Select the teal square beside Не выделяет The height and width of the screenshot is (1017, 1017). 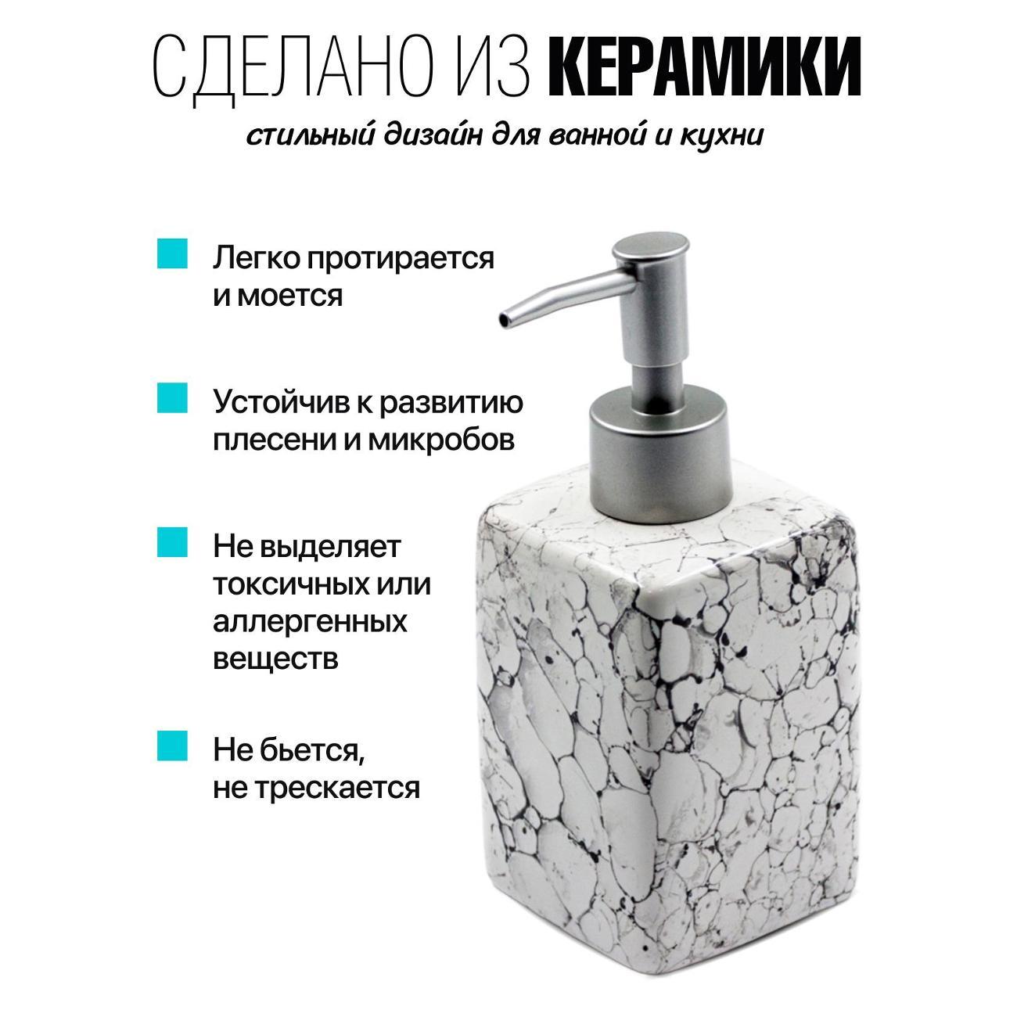[x=172, y=542]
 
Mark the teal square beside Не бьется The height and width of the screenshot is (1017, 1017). [x=172, y=745]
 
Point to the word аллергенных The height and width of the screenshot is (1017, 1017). [x=310, y=621]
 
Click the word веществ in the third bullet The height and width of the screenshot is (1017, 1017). [x=275, y=659]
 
